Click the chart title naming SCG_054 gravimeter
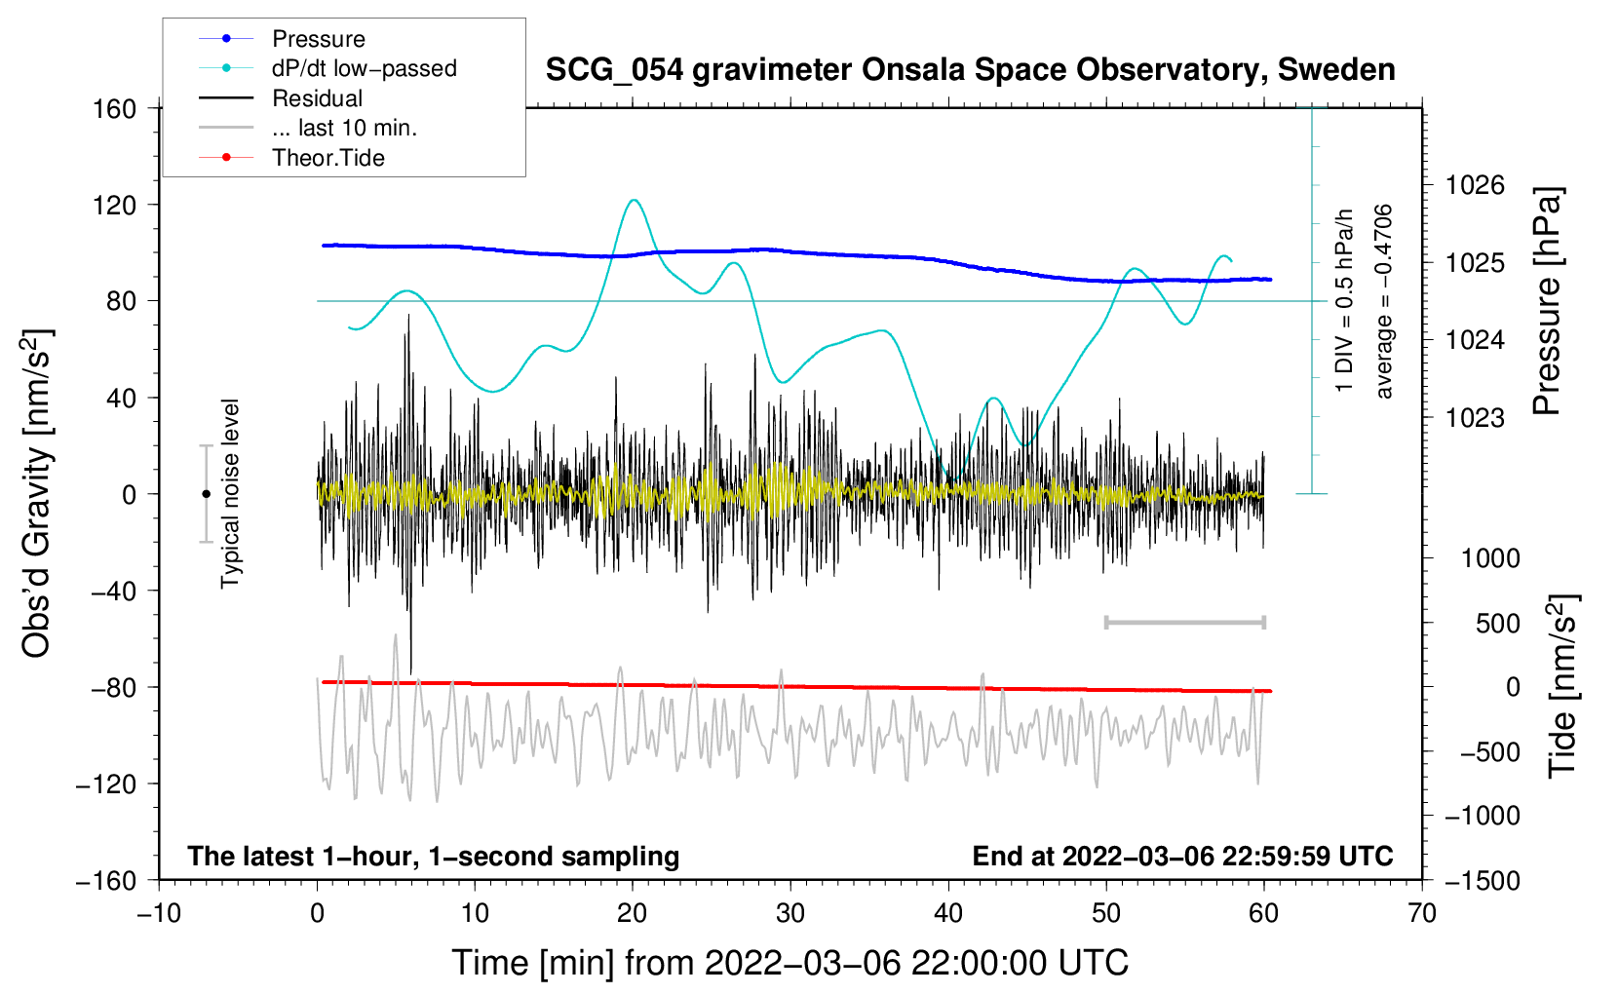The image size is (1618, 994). pos(970,70)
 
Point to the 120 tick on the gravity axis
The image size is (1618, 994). pos(114,206)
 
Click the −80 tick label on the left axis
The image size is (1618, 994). pos(113,688)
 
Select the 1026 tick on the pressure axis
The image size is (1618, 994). pos(1475,186)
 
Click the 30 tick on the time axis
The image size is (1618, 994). pos(790,914)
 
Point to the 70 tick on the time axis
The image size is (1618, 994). pos(1422,914)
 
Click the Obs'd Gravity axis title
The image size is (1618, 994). pos(37,494)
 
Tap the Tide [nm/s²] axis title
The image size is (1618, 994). pos(1563,686)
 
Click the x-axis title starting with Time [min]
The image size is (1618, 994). pos(790,964)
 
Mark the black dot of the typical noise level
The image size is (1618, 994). pos(206,494)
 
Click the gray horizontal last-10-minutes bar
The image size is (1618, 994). pos(1184,623)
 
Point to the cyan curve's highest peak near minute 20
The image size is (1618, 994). pos(635,200)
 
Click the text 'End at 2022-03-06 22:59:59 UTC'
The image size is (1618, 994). pos(1182,856)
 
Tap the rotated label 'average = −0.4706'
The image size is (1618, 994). pos(1383,301)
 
